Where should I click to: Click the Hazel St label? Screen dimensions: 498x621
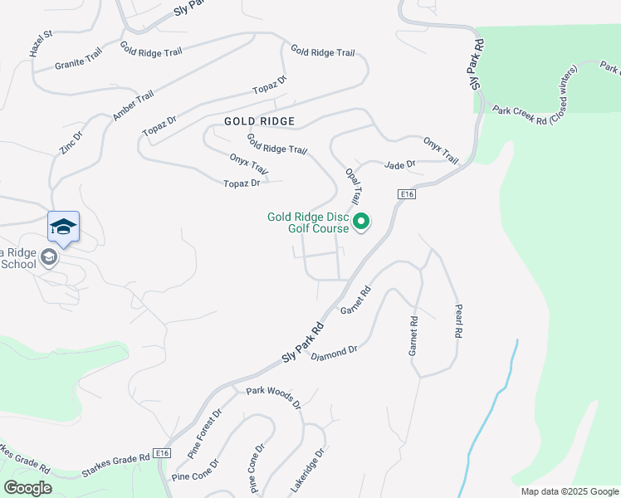(41, 44)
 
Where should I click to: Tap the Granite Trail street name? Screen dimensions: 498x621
(78, 58)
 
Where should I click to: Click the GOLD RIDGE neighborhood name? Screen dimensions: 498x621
(259, 121)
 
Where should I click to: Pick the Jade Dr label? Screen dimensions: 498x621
(399, 165)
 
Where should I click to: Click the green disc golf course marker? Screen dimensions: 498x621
(361, 222)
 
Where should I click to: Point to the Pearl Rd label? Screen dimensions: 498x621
(457, 320)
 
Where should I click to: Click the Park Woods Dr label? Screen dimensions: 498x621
(273, 396)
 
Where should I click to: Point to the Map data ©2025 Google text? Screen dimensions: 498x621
(569, 491)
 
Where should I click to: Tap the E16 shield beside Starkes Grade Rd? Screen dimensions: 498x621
(162, 453)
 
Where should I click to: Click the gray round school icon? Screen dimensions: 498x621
(49, 258)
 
